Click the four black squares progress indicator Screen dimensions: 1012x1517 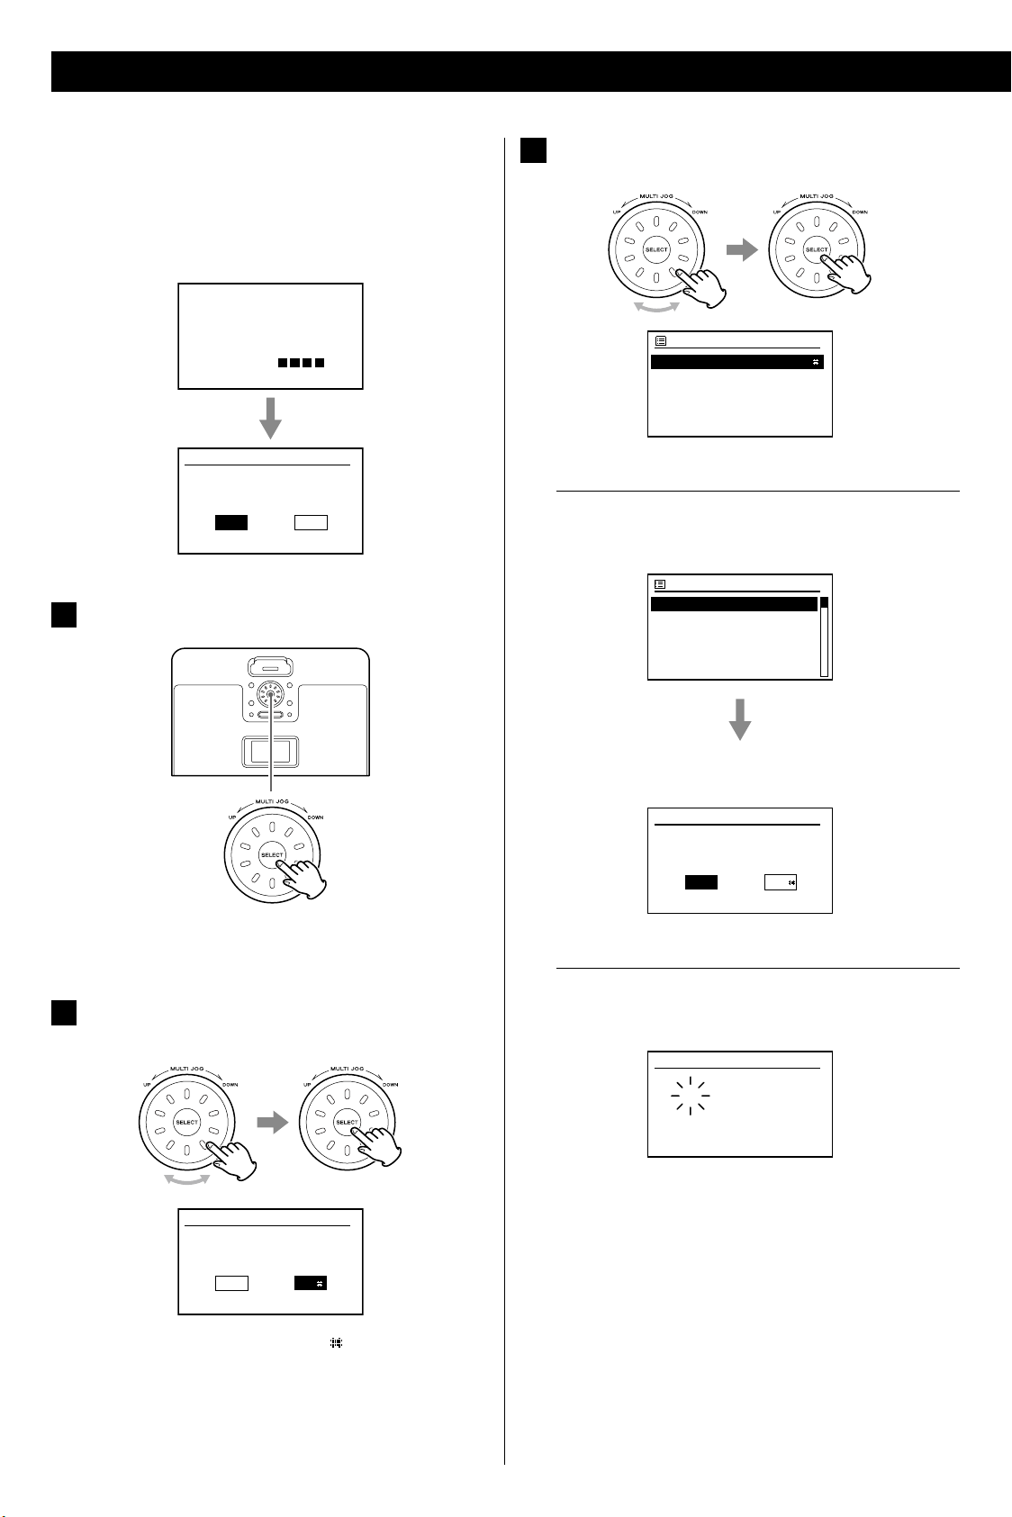coord(301,363)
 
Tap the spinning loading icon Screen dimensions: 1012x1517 coord(691,1096)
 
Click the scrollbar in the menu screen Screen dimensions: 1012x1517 coord(824,637)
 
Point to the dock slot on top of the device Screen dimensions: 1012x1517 coord(270,667)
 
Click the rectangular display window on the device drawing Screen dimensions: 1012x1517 coord(270,752)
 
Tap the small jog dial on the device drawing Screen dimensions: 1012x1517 coord(270,695)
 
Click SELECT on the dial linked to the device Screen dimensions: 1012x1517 coord(272,855)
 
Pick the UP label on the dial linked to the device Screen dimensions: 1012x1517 coord(232,817)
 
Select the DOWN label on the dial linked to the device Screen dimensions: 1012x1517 coord(316,817)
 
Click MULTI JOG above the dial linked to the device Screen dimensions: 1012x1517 coord(272,802)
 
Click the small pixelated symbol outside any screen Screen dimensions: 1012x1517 coord(336,1342)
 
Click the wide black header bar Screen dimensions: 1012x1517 coord(531,71)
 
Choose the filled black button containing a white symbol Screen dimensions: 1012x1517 coord(311,1283)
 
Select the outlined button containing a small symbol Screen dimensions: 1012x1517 coord(781,882)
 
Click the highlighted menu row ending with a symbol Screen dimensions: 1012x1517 coord(737,362)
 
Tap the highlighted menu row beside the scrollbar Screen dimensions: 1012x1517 coord(735,604)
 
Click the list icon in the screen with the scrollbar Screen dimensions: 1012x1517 coord(660,584)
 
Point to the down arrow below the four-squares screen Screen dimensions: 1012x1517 coord(270,418)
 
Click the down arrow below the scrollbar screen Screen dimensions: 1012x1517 coord(740,719)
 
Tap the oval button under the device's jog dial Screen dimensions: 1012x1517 coord(270,715)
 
